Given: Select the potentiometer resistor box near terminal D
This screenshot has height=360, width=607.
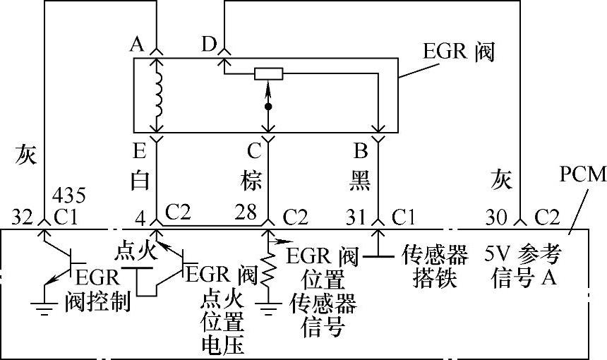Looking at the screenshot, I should click(x=269, y=73).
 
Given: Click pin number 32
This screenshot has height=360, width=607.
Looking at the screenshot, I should click(x=24, y=214).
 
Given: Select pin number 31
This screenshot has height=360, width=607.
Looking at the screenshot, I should click(x=357, y=214).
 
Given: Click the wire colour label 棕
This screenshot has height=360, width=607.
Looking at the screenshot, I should click(x=251, y=181).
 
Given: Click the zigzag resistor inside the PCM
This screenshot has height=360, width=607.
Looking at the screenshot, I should click(x=268, y=272).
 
